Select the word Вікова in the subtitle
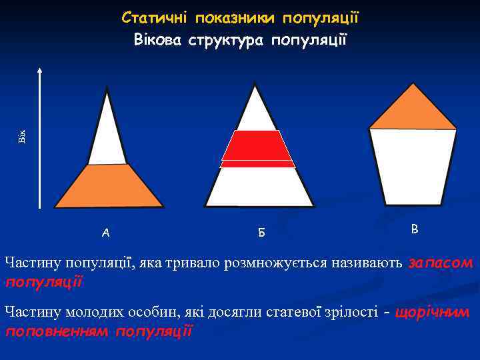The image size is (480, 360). point(157,39)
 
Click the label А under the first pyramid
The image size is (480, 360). point(106,232)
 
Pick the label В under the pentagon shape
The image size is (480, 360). point(415,229)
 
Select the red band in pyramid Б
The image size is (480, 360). point(257,148)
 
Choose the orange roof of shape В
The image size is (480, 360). point(413,110)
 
